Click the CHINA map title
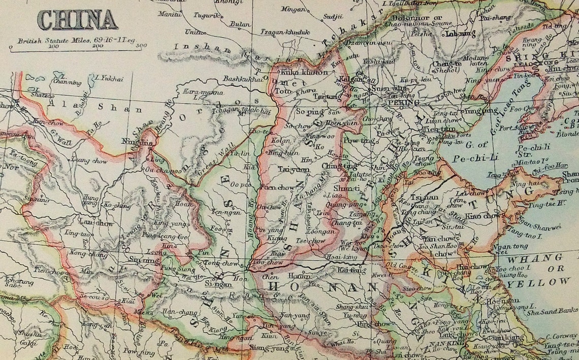click(77, 20)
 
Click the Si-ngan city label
click(215, 285)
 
